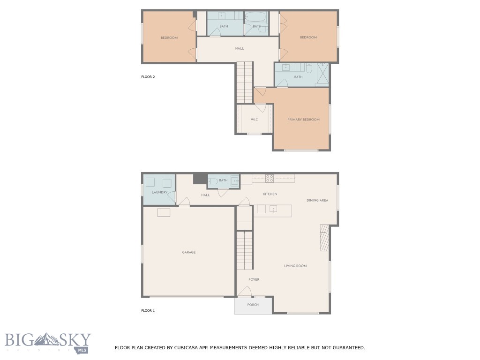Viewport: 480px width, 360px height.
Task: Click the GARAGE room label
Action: tap(189, 252)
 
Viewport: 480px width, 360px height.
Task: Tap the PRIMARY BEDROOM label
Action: tap(303, 120)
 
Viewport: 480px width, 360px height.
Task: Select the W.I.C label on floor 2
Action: tap(254, 120)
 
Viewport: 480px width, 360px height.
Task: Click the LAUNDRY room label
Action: tap(159, 192)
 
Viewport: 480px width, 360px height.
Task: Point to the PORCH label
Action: tap(253, 305)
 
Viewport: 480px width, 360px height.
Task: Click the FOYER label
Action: tap(254, 279)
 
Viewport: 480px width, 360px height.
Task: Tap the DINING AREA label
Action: tap(317, 200)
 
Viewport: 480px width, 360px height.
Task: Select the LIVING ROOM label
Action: tap(295, 266)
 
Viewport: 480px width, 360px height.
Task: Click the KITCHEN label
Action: tap(270, 194)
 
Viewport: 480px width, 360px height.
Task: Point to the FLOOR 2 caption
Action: tap(148, 77)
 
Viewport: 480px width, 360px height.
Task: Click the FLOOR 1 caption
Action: tap(148, 310)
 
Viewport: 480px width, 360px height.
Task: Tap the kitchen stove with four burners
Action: tap(270, 178)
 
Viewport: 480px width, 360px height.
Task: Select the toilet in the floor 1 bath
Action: tap(213, 180)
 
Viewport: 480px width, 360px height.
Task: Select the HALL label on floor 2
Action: tap(239, 48)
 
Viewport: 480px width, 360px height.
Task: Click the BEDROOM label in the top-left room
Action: tap(169, 37)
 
